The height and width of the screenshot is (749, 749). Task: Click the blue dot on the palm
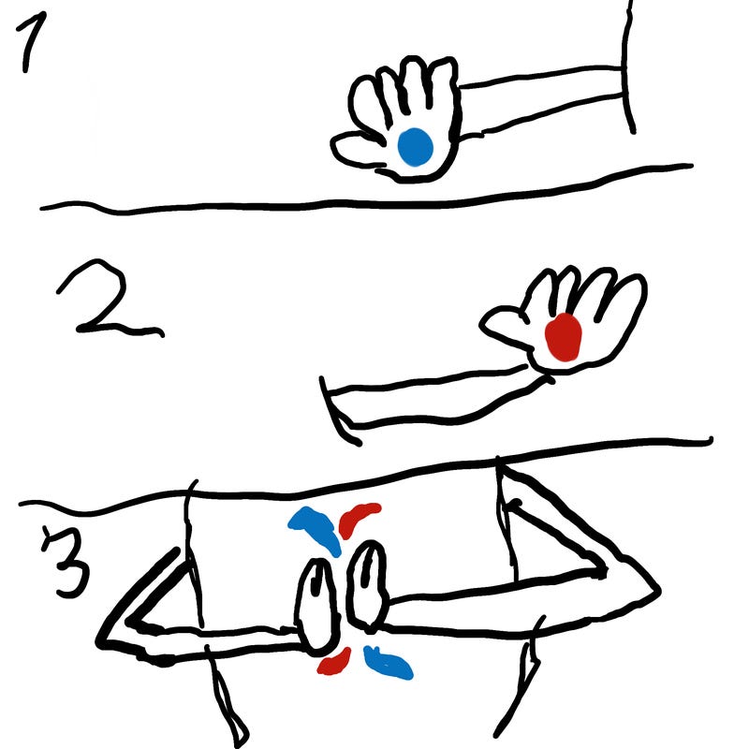[415, 147]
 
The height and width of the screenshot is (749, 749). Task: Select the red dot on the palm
[564, 337]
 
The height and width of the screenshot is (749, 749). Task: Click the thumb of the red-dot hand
[504, 327]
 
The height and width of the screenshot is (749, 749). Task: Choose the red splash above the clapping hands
[358, 519]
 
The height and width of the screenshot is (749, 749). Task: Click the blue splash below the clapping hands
[388, 663]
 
